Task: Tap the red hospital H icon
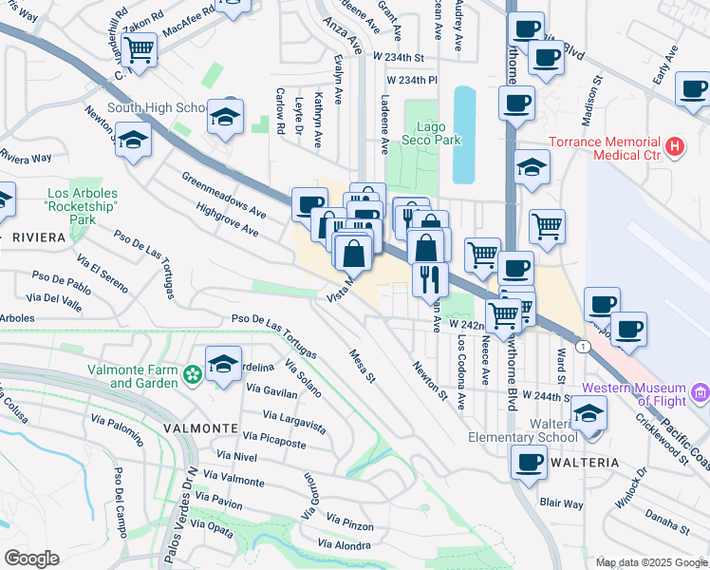674,146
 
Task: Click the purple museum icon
701,390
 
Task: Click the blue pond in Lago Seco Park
464,133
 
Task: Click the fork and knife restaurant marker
430,278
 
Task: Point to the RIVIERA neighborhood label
40,237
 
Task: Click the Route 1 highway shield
582,348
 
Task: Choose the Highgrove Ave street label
222,218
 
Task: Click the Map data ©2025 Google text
651,562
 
